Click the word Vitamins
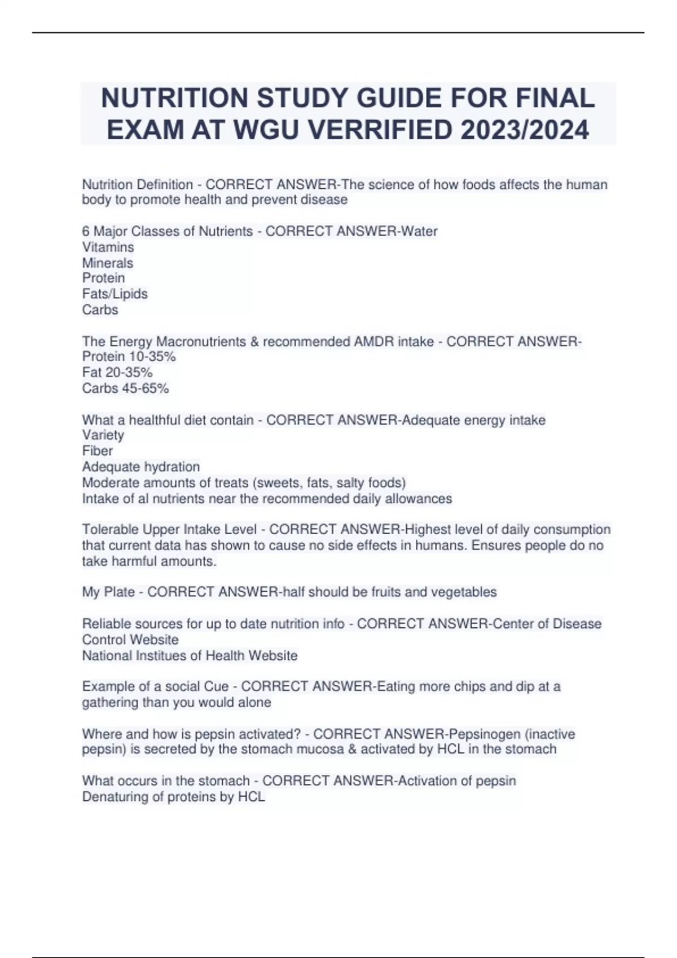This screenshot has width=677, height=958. (x=108, y=247)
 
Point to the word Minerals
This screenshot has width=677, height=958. (x=107, y=263)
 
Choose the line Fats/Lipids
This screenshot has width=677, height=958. (x=115, y=294)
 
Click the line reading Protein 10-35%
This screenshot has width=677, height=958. (x=129, y=357)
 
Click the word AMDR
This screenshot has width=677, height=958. (x=373, y=341)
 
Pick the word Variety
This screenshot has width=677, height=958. (x=103, y=435)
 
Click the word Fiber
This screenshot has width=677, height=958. (x=97, y=451)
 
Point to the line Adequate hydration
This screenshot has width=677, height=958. (x=140, y=467)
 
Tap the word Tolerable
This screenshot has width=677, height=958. (x=110, y=530)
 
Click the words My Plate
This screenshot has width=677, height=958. (x=108, y=592)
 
